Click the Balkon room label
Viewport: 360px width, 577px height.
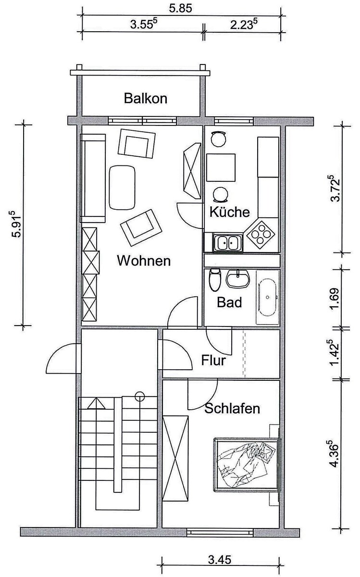coord(146,99)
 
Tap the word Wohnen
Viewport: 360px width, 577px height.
coord(144,261)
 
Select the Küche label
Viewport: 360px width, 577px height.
coord(230,212)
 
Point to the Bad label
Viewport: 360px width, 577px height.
coord(229,302)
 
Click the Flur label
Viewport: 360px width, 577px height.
coord(213,360)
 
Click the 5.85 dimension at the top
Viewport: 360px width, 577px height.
coord(181,8)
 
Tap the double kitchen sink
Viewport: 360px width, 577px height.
coord(228,242)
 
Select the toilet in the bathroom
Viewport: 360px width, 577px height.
coord(215,280)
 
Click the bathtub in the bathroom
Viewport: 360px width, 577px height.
coord(268,297)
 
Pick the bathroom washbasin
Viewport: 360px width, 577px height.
coord(238,279)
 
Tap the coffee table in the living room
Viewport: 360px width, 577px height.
coord(122,187)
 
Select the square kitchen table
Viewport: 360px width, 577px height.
coord(221,167)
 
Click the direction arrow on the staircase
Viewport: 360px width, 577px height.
coord(96,403)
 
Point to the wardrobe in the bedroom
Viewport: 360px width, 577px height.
coord(175,459)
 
